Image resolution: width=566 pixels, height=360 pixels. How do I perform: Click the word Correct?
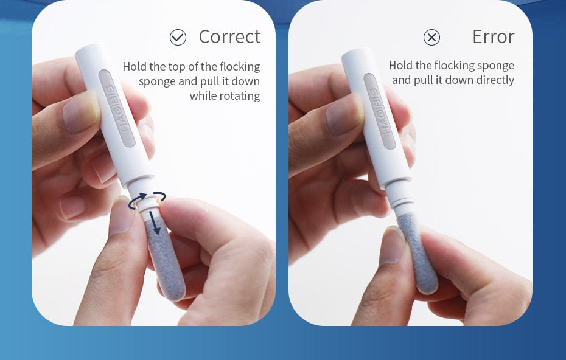click(229, 37)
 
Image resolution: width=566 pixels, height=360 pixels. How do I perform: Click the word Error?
click(493, 37)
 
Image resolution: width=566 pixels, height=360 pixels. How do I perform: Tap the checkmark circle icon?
click(178, 37)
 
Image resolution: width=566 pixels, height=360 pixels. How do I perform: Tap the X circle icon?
click(431, 37)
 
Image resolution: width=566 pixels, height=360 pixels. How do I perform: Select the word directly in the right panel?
click(495, 80)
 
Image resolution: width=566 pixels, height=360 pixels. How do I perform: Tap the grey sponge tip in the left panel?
click(165, 259)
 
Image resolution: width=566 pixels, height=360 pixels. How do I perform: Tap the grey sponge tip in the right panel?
click(418, 252)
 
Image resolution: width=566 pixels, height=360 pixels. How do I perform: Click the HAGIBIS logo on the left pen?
click(117, 109)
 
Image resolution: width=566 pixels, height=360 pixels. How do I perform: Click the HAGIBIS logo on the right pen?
click(379, 111)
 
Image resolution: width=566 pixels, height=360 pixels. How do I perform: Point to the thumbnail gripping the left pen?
click(80, 112)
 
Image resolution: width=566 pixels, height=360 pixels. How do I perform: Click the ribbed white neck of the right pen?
click(400, 197)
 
